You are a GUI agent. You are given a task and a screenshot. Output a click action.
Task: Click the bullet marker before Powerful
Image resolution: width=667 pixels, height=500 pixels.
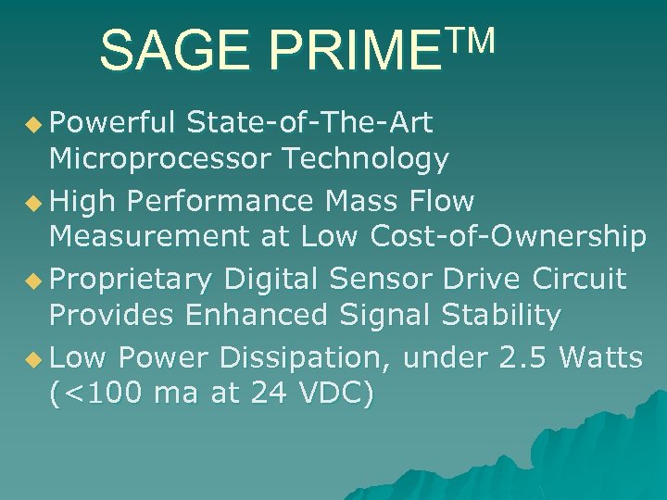coord(36,122)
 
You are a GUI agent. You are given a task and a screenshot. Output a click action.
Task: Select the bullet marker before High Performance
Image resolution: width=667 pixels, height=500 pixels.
coord(36,200)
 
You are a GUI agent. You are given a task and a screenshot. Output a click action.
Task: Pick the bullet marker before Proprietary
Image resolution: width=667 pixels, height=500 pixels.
coord(36,279)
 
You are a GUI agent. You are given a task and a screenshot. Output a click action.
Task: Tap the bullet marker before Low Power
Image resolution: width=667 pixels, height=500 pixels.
coord(36,357)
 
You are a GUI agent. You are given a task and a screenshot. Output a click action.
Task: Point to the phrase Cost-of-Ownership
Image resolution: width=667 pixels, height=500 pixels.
coord(508,238)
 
